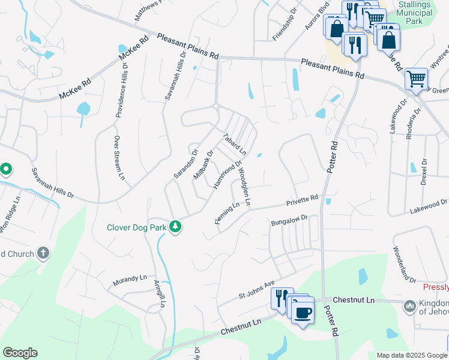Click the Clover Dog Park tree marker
175,227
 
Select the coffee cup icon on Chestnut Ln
303,311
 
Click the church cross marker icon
43,253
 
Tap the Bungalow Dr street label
289,221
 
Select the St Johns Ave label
256,288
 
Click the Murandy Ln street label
130,280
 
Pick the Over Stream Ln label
118,158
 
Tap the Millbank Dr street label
203,166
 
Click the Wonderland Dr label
404,264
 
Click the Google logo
19,353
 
